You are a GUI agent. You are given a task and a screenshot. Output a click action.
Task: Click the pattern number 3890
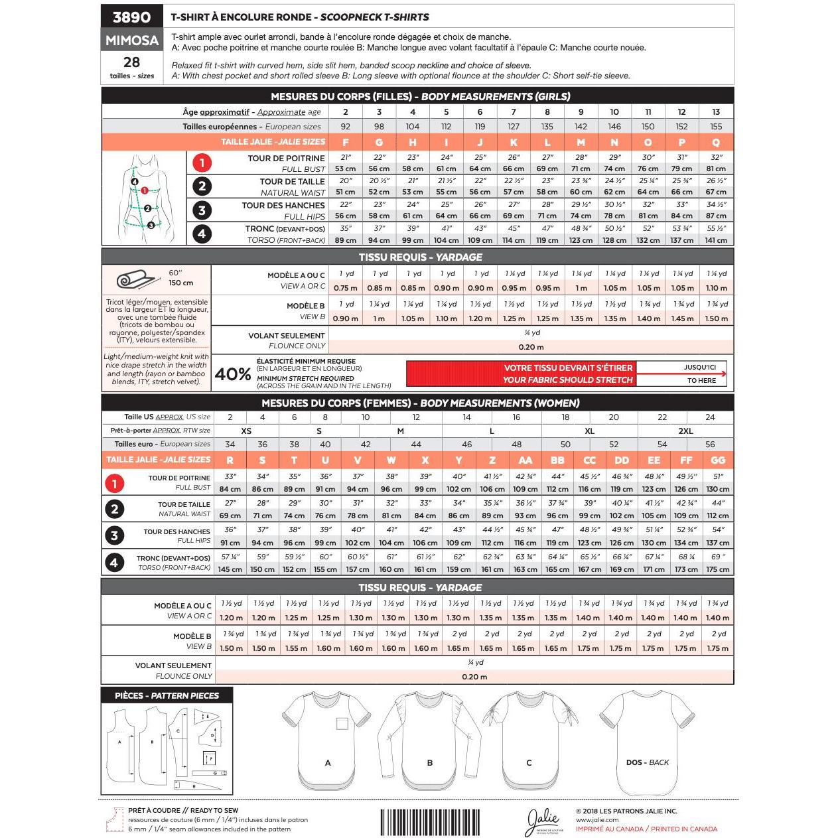[131, 17]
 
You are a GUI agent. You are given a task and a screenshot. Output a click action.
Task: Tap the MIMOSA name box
[131, 40]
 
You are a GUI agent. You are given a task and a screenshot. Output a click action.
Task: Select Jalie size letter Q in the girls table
[716, 142]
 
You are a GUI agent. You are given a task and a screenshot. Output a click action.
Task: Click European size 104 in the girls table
[413, 127]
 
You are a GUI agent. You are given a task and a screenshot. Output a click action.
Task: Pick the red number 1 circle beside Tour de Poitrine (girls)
[202, 163]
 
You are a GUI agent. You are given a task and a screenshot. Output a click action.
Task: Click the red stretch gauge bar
[521, 374]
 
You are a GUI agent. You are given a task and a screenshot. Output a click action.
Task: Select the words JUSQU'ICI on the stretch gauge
[699, 367]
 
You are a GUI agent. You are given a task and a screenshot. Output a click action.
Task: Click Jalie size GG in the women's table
[717, 460]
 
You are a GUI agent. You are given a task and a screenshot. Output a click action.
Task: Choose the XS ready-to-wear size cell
[246, 431]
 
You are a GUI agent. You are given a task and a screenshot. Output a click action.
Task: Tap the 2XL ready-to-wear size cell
[685, 431]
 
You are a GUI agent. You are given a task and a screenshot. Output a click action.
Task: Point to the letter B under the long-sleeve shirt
[429, 763]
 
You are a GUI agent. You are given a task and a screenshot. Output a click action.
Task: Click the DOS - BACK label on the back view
[647, 762]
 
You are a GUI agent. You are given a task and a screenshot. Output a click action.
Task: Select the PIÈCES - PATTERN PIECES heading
[167, 695]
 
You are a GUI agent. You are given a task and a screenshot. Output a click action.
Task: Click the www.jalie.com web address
[597, 820]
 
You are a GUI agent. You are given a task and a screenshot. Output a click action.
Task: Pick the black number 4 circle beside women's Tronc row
[115, 563]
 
